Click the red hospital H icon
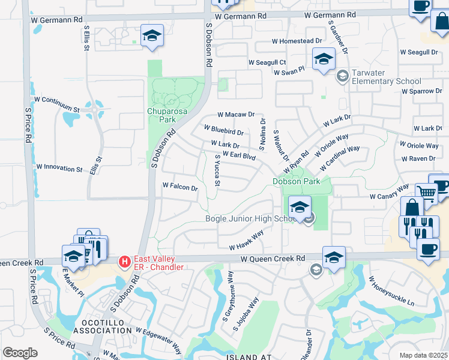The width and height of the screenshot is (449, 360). pos(124,262)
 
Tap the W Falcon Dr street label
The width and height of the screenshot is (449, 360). pos(180,187)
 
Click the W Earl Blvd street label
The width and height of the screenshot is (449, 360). pos(240,156)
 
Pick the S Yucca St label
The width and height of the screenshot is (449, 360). pos(218,170)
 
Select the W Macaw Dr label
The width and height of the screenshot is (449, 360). pos(236,114)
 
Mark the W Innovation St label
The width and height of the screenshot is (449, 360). pos(59,169)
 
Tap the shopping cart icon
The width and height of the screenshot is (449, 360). pos(426,192)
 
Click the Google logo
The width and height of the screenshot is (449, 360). pos(20,352)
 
